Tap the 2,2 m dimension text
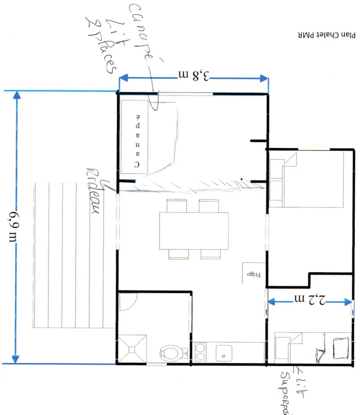(310, 301)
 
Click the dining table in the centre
(193, 230)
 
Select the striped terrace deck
(72, 256)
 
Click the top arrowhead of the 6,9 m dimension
(17, 95)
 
